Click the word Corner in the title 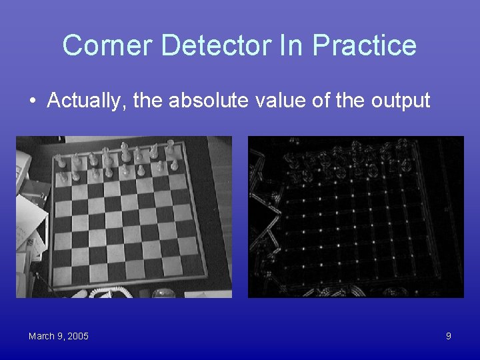click(x=107, y=45)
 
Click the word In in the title click(x=296, y=45)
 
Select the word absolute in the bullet click(x=209, y=101)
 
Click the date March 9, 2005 click(x=58, y=336)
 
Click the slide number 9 click(x=448, y=336)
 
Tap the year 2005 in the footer click(x=77, y=336)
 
